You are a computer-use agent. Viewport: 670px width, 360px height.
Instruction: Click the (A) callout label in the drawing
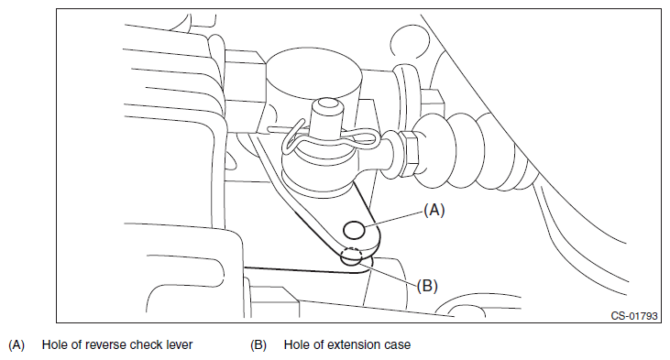pyautogui.click(x=434, y=210)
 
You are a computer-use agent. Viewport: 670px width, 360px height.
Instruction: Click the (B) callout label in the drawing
pyautogui.click(x=427, y=286)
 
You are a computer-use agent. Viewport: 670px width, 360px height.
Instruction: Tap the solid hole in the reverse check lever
pyautogui.click(x=354, y=231)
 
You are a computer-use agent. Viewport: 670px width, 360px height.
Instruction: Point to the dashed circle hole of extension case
pyautogui.click(x=351, y=256)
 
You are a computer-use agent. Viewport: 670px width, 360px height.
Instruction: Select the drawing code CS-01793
pyautogui.click(x=633, y=316)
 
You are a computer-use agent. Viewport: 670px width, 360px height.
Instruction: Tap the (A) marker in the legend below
pyautogui.click(x=16, y=345)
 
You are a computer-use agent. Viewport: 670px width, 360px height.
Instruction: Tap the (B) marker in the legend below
pyautogui.click(x=258, y=345)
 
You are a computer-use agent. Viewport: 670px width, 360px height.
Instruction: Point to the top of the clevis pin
pyautogui.click(x=327, y=104)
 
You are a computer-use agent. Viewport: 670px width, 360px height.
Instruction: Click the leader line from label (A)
pyautogui.click(x=393, y=218)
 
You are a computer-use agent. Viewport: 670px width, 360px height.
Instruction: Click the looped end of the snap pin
pyautogui.click(x=291, y=139)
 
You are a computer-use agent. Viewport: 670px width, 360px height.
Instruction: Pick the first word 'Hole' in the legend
pyautogui.click(x=56, y=344)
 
